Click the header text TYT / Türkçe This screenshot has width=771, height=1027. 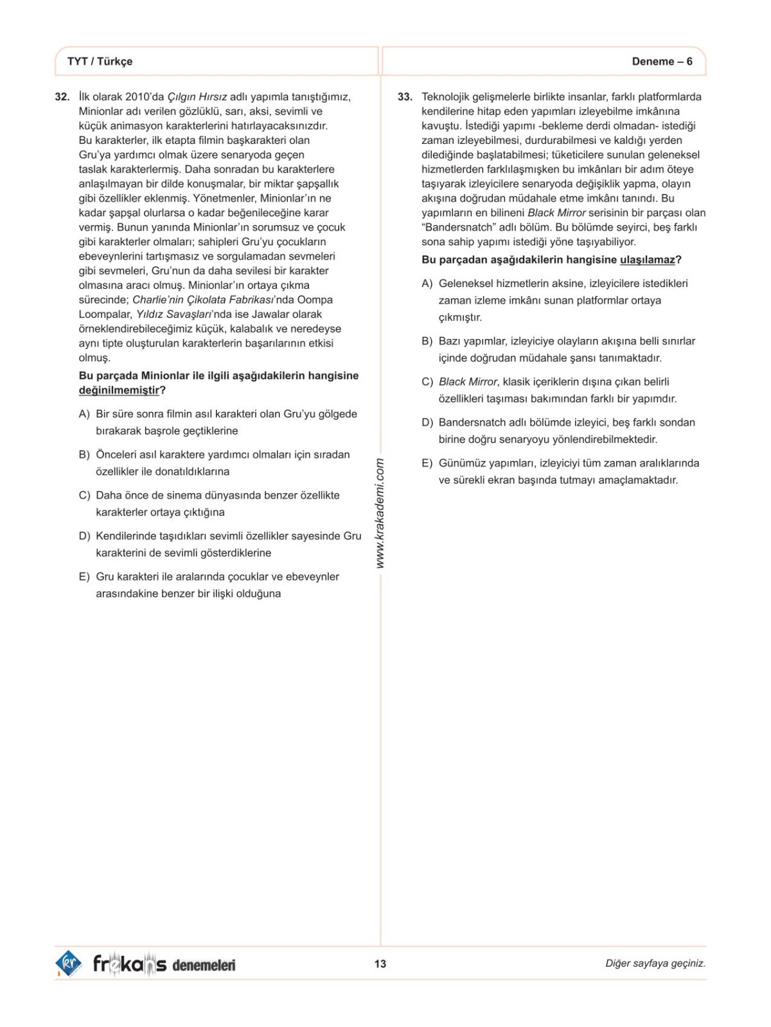pos(100,62)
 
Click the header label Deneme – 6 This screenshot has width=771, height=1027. pos(662,62)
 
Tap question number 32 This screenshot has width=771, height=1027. pos(62,97)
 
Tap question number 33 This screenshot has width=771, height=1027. pos(405,97)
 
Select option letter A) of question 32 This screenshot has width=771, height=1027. pos(84,415)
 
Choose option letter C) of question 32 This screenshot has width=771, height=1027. pos(84,496)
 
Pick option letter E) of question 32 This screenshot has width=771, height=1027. pos(84,577)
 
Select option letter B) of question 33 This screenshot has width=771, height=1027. pos(427,341)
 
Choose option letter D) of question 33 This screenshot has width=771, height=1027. pos(427,423)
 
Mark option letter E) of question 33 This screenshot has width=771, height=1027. pos(427,463)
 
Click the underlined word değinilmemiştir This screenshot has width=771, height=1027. pos(119,390)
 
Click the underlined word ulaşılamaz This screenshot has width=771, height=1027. pos(647,260)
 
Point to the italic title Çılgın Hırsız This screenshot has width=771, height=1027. pos(197,97)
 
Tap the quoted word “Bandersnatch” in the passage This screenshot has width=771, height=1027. pos(454,227)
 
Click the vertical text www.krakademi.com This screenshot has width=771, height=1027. pos(380,512)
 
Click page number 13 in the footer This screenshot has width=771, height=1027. pos(380,963)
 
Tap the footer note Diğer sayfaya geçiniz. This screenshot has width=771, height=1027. pos(655,963)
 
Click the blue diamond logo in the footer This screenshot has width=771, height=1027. pos(68,963)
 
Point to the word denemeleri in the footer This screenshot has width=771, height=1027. pos(204,965)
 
